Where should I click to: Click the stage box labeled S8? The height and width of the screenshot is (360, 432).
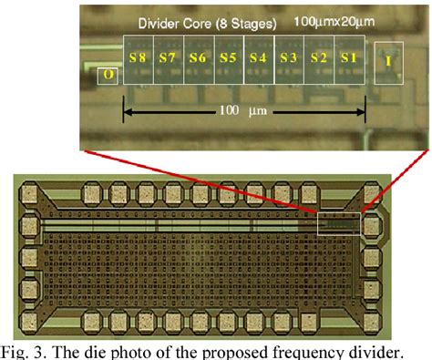pyautogui.click(x=138, y=57)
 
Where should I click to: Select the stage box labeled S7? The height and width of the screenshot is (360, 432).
pyautogui.click(x=167, y=57)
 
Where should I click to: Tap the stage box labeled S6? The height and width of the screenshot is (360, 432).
pyautogui.click(x=198, y=57)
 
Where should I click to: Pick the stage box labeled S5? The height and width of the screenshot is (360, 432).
pyautogui.click(x=228, y=57)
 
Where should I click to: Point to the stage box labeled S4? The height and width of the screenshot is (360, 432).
pyautogui.click(x=258, y=57)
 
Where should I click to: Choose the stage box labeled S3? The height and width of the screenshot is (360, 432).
pyautogui.click(x=289, y=57)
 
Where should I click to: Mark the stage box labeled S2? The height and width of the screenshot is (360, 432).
pyautogui.click(x=318, y=57)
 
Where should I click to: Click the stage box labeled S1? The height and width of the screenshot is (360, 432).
pyautogui.click(x=348, y=57)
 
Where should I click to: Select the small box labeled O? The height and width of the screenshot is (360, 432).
pyautogui.click(x=108, y=73)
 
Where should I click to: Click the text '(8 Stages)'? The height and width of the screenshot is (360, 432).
pyautogui.click(x=243, y=20)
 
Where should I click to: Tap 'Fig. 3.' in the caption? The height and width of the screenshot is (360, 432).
pyautogui.click(x=25, y=349)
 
